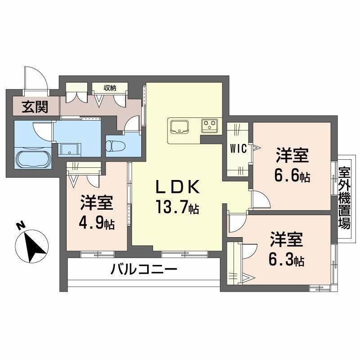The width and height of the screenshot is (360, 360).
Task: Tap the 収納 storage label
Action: (x=110, y=88)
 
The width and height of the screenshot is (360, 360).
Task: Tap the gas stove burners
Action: (x=209, y=125)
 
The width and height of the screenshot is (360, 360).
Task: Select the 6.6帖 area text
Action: (x=292, y=176)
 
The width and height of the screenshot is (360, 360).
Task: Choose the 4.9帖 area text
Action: (x=97, y=223)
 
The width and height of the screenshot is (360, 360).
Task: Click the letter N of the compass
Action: (x=20, y=225)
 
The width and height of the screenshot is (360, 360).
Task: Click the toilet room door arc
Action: (x=132, y=123)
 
